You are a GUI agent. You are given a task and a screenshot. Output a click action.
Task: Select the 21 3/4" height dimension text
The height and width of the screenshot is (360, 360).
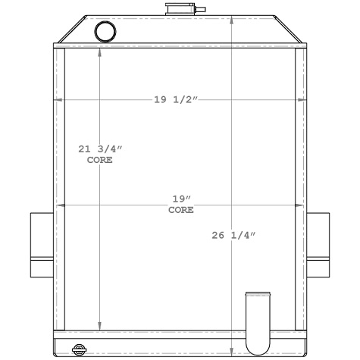pyautogui.click(x=100, y=149)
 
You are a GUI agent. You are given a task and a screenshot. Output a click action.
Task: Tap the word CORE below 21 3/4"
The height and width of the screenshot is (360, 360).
pyautogui.click(x=100, y=160)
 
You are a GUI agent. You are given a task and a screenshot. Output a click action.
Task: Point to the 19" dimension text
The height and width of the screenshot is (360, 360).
pyautogui.click(x=180, y=199)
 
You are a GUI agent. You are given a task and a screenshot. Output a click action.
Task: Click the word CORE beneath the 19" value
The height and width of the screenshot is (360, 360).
pyautogui.click(x=180, y=209)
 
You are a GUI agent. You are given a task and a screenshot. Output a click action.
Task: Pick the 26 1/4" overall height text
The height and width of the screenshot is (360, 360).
pyautogui.click(x=234, y=235)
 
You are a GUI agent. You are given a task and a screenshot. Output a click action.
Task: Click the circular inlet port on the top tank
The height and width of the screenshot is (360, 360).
pyautogui.click(x=104, y=31)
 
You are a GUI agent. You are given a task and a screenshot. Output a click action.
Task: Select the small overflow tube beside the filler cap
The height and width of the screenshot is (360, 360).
pyautogui.click(x=200, y=10)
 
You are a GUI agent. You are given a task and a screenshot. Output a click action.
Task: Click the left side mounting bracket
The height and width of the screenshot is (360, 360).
pyautogui.click(x=41, y=245)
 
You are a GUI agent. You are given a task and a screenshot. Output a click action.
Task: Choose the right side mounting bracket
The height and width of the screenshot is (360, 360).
pyautogui.click(x=318, y=245)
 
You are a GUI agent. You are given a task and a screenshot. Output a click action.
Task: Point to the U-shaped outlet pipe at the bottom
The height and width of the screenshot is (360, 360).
pyautogui.click(x=258, y=322)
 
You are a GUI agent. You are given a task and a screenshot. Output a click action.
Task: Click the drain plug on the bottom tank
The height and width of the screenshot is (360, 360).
pyautogui.click(x=78, y=349)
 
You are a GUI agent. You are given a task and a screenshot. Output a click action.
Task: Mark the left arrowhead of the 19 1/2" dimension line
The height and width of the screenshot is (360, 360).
pyautogui.click(x=56, y=99)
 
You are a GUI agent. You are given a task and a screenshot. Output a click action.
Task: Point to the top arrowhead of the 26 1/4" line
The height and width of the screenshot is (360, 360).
pyautogui.click(x=231, y=17)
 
